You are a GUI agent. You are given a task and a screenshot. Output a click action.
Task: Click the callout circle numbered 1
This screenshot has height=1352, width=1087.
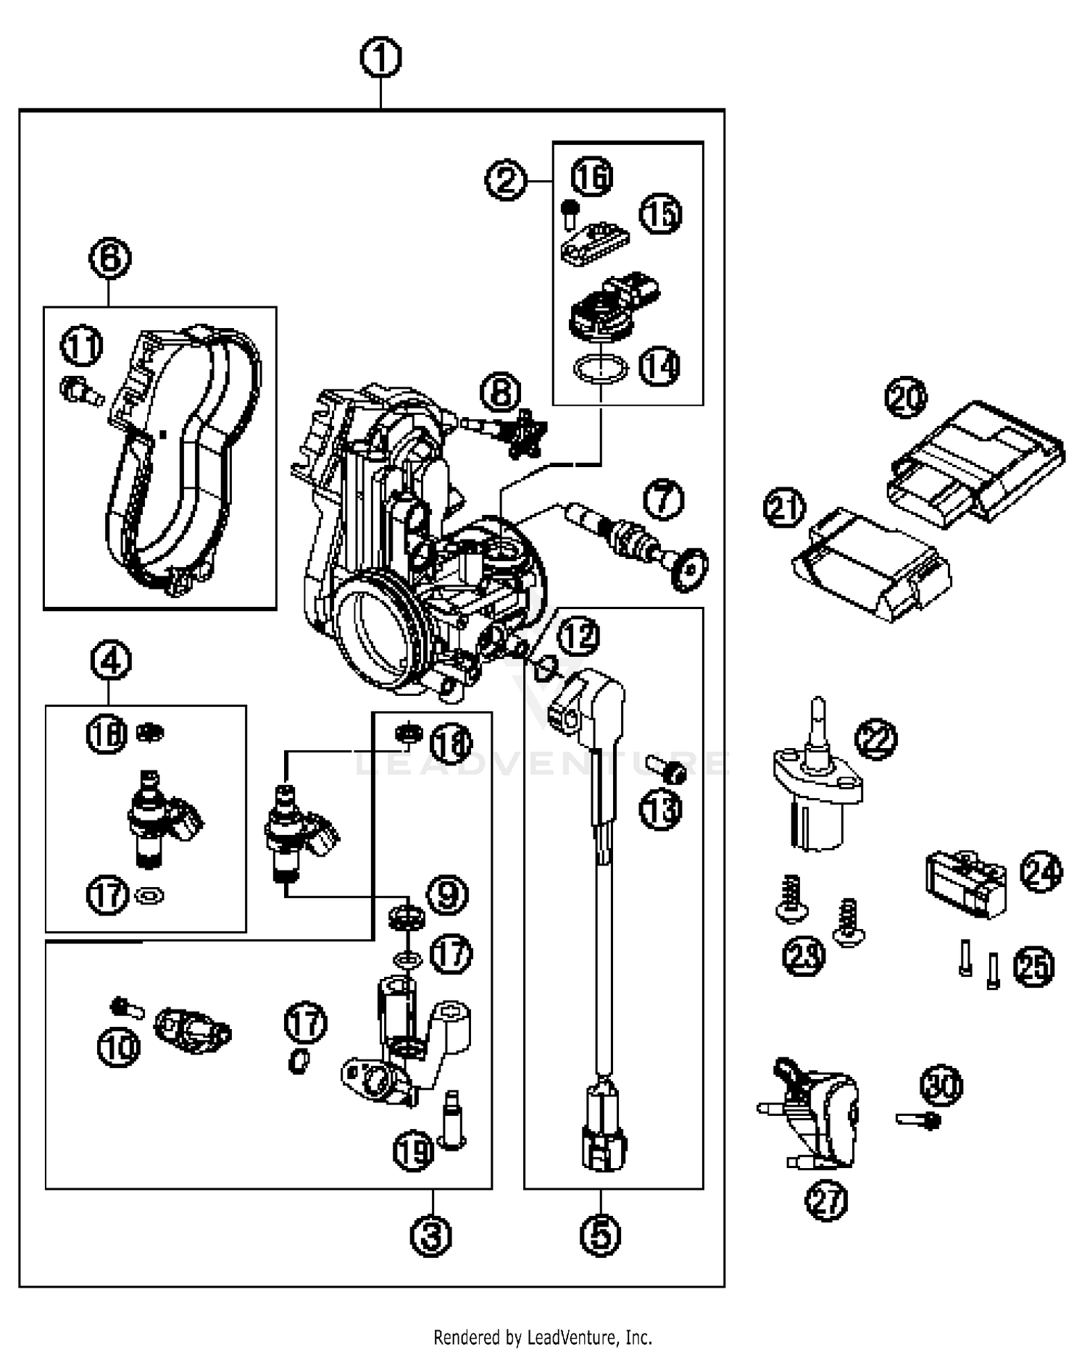click(x=381, y=58)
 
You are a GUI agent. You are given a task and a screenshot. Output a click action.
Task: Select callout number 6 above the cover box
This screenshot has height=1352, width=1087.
click(x=110, y=258)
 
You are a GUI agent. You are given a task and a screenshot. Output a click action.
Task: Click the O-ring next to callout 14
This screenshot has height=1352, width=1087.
click(x=600, y=368)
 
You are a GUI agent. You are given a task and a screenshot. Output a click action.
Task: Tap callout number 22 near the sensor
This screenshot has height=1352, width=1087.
click(x=876, y=739)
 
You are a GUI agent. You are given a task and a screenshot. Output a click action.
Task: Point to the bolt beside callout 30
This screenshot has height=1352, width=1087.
click(x=919, y=1120)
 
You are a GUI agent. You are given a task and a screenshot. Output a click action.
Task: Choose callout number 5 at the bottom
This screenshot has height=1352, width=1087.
click(x=601, y=1235)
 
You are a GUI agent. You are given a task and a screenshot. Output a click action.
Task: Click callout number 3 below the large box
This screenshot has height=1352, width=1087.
click(x=431, y=1235)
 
